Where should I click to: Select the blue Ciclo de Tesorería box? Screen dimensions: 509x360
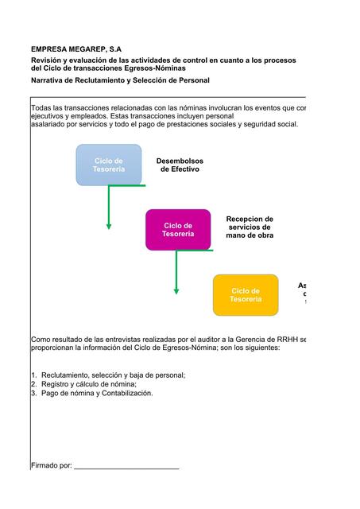click(108, 165)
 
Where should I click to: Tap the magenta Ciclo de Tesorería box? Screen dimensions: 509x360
click(178, 230)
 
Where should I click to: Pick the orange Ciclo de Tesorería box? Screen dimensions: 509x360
click(246, 295)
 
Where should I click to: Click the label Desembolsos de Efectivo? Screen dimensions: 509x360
click(180, 165)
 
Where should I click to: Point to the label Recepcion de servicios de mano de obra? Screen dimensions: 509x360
click(250, 227)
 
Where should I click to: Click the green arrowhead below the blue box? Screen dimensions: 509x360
click(109, 226)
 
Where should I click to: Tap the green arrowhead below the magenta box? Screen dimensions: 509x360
click(176, 290)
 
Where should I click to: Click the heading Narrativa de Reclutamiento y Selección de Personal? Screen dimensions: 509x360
click(120, 80)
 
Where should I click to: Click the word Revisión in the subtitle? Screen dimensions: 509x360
click(48, 60)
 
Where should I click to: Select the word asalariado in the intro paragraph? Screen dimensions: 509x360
click(49, 124)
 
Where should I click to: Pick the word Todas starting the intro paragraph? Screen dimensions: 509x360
click(41, 107)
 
